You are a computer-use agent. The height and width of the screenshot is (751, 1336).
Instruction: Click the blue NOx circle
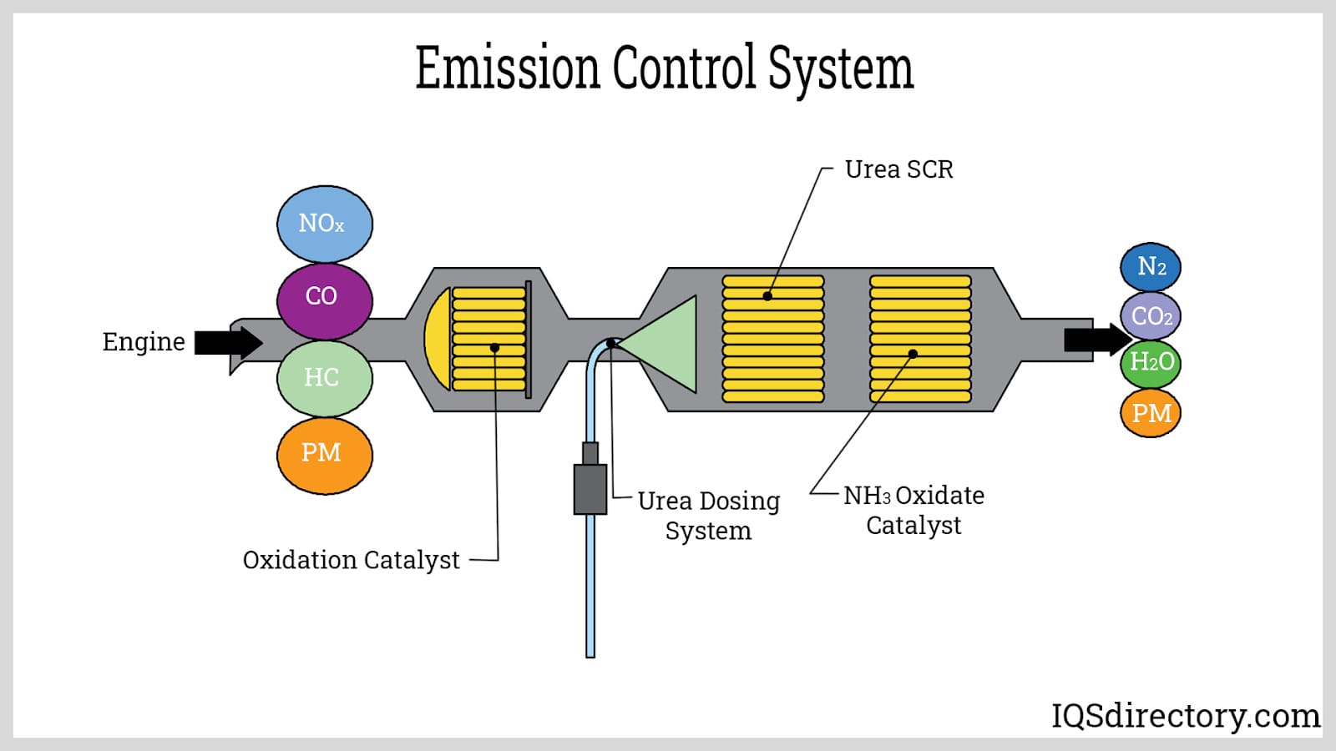pos(324,224)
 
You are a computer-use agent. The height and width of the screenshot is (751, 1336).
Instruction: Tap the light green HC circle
pos(324,378)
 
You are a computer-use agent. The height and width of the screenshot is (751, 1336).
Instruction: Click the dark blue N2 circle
pos(1150,267)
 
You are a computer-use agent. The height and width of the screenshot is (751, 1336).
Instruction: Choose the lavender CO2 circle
pos(1150,316)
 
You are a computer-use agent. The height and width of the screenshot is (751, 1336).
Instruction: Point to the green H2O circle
pos(1150,363)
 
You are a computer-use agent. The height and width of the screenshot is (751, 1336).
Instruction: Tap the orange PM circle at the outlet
pos(1150,412)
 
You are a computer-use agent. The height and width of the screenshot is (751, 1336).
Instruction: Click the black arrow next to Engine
pos(228,342)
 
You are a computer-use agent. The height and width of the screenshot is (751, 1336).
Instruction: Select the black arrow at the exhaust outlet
pos(1096,340)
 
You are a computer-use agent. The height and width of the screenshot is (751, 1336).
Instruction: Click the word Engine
pos(144,342)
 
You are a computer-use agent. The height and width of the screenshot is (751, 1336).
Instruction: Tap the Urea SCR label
pos(898,169)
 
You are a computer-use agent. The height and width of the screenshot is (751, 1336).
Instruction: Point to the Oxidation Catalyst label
pos(351,560)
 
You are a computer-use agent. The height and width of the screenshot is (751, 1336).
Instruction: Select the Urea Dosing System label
pos(708,516)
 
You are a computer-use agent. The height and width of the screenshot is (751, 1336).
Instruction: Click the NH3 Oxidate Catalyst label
pos(913,510)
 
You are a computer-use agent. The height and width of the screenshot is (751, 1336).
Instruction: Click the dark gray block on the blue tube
pos(590,488)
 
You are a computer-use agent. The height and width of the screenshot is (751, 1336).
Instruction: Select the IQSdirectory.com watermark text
pos(1185,716)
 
